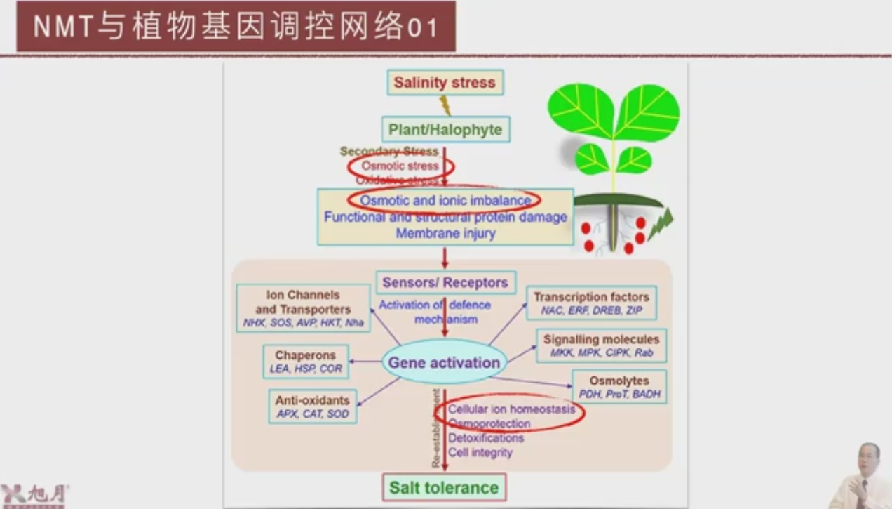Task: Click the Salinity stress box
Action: (x=445, y=82)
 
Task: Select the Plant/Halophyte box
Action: (x=445, y=129)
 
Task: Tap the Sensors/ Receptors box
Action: (x=445, y=282)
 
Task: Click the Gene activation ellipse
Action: (x=444, y=362)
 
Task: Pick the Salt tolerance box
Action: (x=444, y=487)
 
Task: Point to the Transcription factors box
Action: (x=591, y=303)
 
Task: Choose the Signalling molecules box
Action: (x=601, y=345)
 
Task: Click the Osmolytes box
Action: (x=619, y=387)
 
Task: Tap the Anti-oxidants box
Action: (x=312, y=406)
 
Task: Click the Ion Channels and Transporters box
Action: (x=303, y=308)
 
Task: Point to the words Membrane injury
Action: (x=445, y=233)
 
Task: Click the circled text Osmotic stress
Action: (x=400, y=166)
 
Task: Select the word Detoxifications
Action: (x=486, y=438)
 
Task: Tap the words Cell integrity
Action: (x=480, y=453)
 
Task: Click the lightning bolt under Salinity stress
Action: (x=445, y=105)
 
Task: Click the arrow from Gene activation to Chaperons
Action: (x=365, y=362)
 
